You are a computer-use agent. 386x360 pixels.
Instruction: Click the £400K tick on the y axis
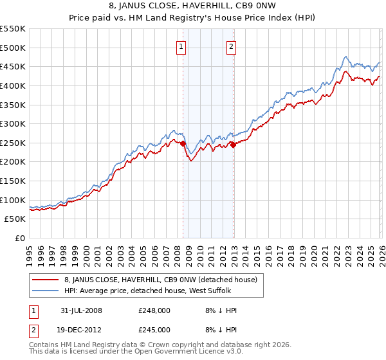pyautogui.click(x=13, y=85)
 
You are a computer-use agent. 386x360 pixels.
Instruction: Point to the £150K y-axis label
pyautogui.click(x=13, y=181)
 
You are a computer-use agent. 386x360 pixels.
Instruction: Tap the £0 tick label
pyautogui.click(x=20, y=239)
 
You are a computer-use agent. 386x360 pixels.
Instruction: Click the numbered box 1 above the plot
pyautogui.click(x=181, y=46)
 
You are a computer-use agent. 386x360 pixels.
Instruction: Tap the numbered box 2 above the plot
pyautogui.click(x=231, y=46)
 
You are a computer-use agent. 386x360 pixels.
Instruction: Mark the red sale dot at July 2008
pyautogui.click(x=183, y=144)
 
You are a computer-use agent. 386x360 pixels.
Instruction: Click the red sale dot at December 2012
pyautogui.click(x=233, y=145)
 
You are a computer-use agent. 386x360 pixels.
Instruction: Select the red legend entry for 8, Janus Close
pyautogui.click(x=160, y=280)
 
